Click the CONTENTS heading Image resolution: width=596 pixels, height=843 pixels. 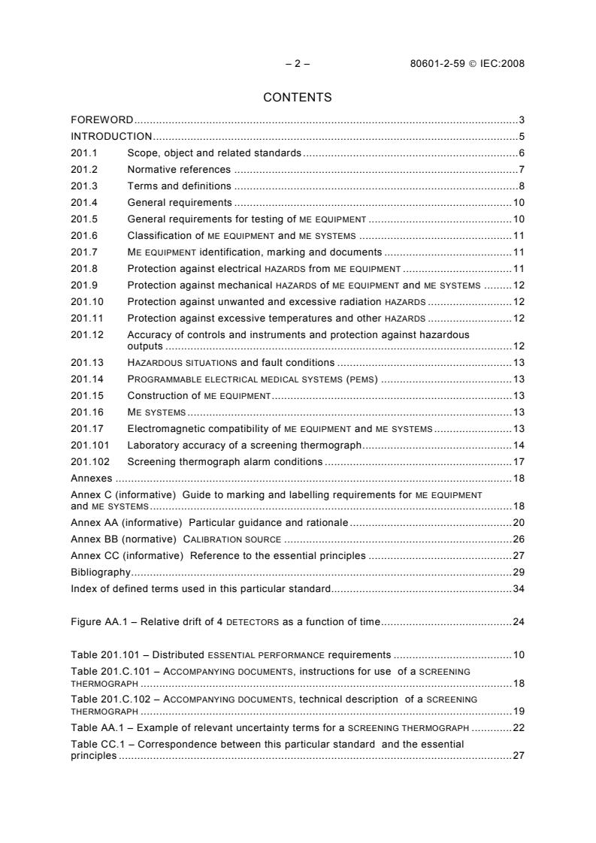[x=298, y=97]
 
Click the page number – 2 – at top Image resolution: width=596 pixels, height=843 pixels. [x=298, y=64]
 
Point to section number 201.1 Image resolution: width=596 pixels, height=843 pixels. [x=82, y=153]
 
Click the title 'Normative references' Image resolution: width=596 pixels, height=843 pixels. [x=179, y=170]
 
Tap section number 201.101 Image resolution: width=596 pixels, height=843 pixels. [x=87, y=445]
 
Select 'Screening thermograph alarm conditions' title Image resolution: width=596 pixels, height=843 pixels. [x=225, y=461]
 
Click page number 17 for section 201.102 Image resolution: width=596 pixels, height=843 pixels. [x=518, y=461]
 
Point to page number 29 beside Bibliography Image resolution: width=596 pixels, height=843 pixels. [x=518, y=572]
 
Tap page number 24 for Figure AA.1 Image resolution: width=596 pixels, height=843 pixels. [x=518, y=621]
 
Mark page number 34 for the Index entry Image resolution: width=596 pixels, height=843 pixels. [x=518, y=588]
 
